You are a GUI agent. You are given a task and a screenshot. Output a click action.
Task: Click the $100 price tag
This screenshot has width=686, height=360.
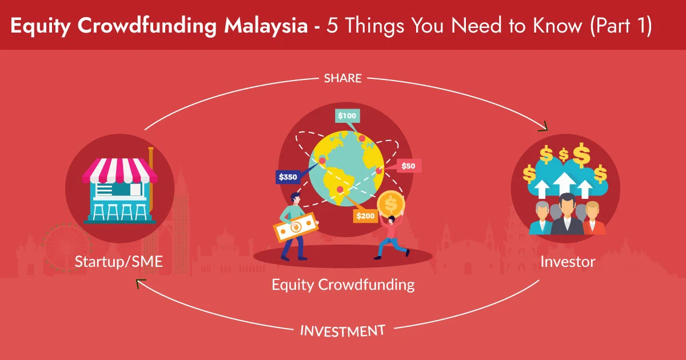(x=347, y=115)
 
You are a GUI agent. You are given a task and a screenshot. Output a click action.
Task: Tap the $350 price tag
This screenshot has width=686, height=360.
(x=288, y=177)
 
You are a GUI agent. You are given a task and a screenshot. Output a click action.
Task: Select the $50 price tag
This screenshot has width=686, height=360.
(x=408, y=166)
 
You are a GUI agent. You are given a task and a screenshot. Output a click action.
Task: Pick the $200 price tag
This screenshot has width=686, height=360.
(x=365, y=216)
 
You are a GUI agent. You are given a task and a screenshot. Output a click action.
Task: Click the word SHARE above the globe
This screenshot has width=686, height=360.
(x=343, y=78)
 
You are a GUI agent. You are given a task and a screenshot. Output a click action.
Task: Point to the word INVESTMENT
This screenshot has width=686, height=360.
(x=342, y=330)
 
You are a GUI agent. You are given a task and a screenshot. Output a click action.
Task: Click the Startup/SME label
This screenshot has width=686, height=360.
(x=119, y=262)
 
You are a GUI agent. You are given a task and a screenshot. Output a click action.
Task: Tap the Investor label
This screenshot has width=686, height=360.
(x=568, y=262)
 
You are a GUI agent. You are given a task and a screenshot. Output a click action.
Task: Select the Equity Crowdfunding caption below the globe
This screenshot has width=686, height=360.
(x=343, y=284)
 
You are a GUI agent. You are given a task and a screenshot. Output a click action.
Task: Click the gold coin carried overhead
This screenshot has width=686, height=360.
(x=390, y=203)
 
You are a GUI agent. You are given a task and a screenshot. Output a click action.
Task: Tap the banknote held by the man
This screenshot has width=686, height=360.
(x=296, y=227)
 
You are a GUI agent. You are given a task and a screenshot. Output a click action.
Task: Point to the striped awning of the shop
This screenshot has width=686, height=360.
(x=119, y=171)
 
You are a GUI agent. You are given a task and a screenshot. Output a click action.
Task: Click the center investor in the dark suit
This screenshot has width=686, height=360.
(x=567, y=214)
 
